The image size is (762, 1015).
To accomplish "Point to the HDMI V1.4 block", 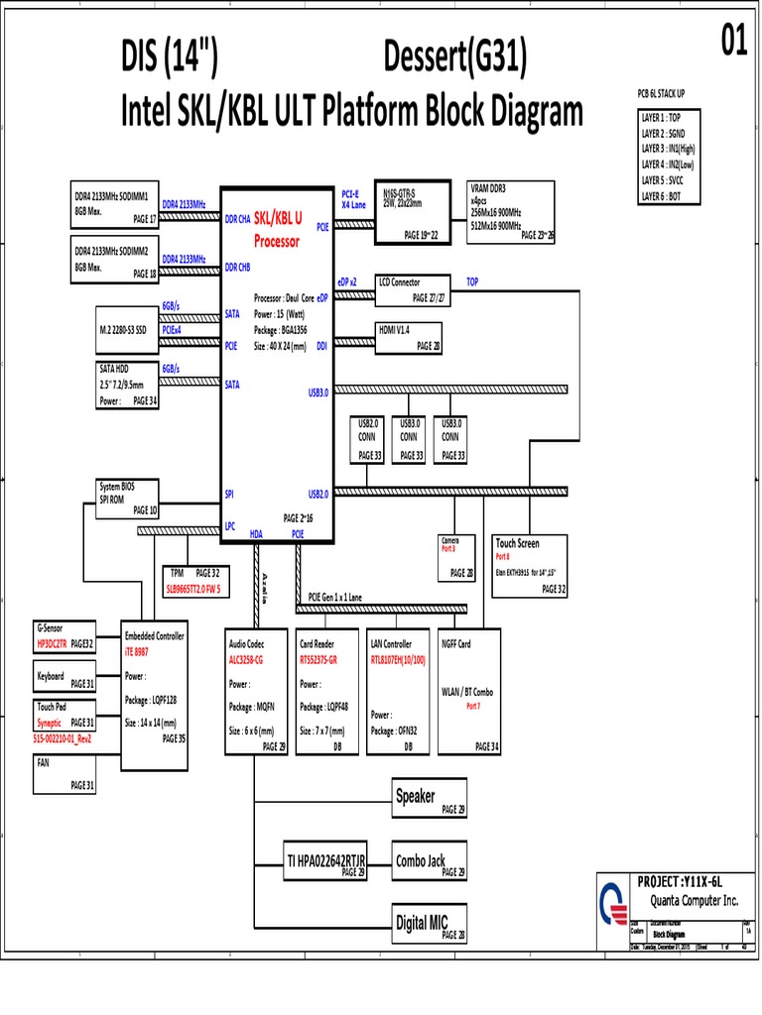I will (x=408, y=337).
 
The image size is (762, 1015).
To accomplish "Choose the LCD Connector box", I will (x=413, y=289).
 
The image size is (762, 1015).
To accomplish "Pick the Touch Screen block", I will (x=531, y=566).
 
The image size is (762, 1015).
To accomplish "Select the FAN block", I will (x=65, y=775).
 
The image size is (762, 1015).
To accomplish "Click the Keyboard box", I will (x=65, y=679).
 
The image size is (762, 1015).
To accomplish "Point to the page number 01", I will (x=731, y=42).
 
